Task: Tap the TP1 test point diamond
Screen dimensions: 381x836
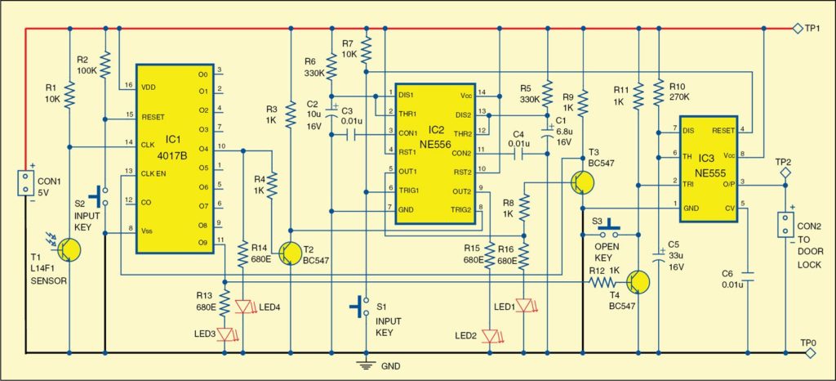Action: (798, 29)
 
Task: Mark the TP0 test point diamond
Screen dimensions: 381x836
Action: (809, 353)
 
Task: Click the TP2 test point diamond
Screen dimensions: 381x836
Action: (785, 173)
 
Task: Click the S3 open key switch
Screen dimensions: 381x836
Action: (606, 228)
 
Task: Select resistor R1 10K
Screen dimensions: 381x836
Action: (70, 97)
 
